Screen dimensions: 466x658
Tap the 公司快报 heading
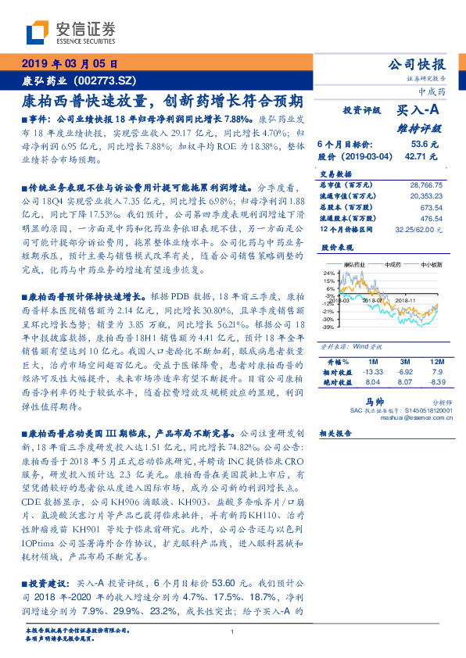click(420, 64)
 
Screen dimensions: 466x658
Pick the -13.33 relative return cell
click(372, 372)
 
